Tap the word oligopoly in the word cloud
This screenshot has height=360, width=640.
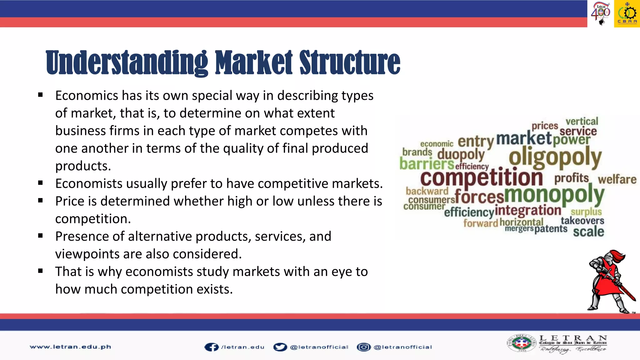click(x=555, y=157)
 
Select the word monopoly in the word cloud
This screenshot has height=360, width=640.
click(x=554, y=194)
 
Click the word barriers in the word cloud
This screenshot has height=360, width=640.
click(x=427, y=164)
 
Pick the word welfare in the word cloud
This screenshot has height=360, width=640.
click(x=617, y=179)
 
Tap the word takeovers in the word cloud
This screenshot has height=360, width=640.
click(x=582, y=221)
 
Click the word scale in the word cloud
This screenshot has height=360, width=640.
click(x=588, y=232)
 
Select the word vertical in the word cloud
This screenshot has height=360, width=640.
click(x=582, y=121)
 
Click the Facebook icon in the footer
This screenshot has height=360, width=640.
click(x=212, y=347)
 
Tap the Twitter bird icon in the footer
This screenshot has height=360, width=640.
click(x=280, y=347)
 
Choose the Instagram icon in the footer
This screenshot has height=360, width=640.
click(x=363, y=347)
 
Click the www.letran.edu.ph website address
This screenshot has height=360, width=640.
click(x=70, y=347)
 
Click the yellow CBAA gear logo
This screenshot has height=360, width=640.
click(x=627, y=14)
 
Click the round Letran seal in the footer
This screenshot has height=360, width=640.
click(x=521, y=343)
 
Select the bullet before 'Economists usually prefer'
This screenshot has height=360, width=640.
click(x=40, y=183)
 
